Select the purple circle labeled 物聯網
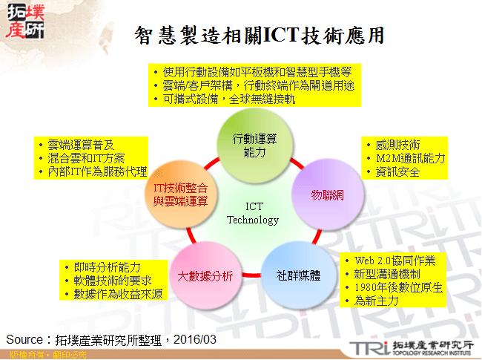tap(326, 194)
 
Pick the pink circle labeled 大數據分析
tap(205, 276)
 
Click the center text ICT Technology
tap(252, 213)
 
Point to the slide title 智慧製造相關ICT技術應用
tap(260, 36)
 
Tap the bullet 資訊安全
tap(397, 171)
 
